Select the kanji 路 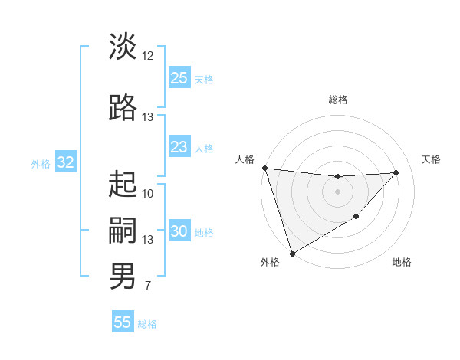click(123, 107)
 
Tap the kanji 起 click(123, 184)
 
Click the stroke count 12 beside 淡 click(148, 55)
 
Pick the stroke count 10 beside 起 click(148, 193)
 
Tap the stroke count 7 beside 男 click(148, 286)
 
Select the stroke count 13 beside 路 click(148, 116)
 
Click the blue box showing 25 click(179, 77)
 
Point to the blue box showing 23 click(179, 147)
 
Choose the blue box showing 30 click(179, 231)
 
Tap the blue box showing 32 click(65, 162)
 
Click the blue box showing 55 click(123, 322)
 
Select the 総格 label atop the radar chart click(338, 100)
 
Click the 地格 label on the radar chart click(402, 262)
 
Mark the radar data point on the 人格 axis click(264, 168)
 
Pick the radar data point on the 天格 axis click(396, 172)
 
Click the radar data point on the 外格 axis click(291, 253)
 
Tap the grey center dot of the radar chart click(337, 191)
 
